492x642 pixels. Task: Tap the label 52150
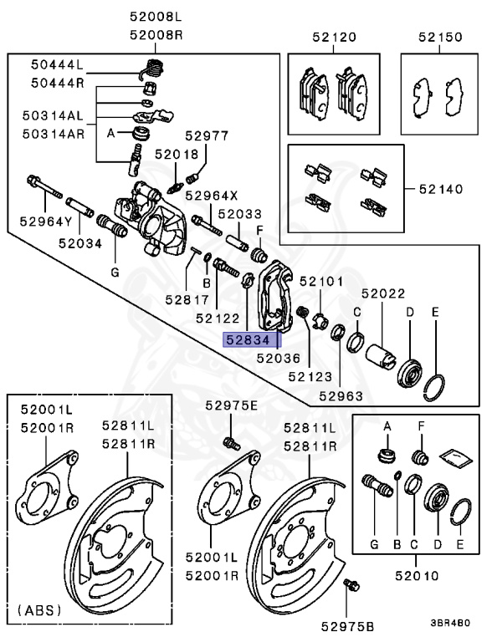coord(440,38)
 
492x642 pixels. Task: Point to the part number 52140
coord(440,189)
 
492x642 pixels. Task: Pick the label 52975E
coord(232,405)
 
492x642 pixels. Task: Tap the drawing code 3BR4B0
coord(451,622)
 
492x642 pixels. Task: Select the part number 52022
coord(383,293)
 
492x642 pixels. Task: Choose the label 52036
coord(278,358)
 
